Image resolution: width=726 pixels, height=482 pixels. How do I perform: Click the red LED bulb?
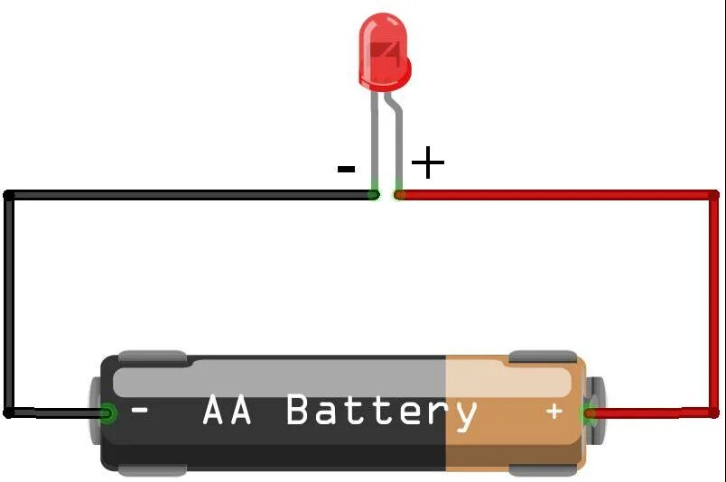coord(384,52)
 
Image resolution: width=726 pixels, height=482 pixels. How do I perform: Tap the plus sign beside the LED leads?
coord(427,163)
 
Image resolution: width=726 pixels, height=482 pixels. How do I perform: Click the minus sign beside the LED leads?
coord(346,169)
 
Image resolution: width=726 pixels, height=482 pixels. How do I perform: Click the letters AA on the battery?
coord(227,411)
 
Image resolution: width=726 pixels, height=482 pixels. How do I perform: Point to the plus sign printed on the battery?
coord(554,412)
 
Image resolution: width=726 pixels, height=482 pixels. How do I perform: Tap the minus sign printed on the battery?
coord(140,411)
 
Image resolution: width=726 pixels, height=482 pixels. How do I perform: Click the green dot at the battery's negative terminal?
coord(107,414)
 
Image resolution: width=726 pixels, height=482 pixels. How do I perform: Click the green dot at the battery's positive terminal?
coord(590,415)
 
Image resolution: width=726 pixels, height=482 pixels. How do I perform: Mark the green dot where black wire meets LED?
coord(375,193)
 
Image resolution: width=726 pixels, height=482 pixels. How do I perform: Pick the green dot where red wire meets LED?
coord(399,193)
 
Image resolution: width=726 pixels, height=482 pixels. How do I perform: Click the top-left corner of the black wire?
coord(10,195)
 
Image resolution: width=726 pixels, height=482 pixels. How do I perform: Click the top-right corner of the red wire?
coord(712,195)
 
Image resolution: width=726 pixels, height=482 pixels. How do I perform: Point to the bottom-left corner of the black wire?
coord(10,412)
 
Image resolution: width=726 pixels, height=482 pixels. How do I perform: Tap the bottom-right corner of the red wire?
coord(712,412)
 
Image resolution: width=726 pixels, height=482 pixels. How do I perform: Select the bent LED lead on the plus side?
coord(396,135)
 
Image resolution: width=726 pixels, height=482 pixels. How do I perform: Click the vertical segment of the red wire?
coord(712,302)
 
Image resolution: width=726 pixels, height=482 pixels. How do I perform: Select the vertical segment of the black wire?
coord(10,302)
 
